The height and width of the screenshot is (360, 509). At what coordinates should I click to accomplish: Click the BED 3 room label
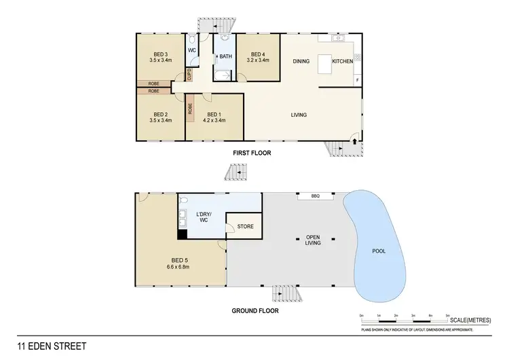tap(160, 54)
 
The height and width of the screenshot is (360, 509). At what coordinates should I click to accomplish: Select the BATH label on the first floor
tap(225, 56)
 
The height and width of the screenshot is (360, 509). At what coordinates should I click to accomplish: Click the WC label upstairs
tap(192, 50)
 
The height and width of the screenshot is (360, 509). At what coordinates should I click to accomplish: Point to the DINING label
tap(301, 61)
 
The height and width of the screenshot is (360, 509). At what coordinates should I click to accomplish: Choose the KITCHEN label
tap(342, 61)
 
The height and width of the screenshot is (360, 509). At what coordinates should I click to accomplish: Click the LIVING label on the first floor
tap(299, 115)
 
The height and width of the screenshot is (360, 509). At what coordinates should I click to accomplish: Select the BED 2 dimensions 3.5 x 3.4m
tap(160, 121)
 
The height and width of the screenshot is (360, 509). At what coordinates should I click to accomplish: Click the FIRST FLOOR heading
tap(252, 154)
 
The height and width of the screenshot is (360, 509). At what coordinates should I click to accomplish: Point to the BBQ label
tap(315, 196)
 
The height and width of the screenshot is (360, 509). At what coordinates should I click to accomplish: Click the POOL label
tap(379, 251)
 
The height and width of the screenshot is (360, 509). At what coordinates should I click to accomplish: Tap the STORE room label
tap(246, 226)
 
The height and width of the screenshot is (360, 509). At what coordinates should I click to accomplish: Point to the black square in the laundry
tap(182, 235)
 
